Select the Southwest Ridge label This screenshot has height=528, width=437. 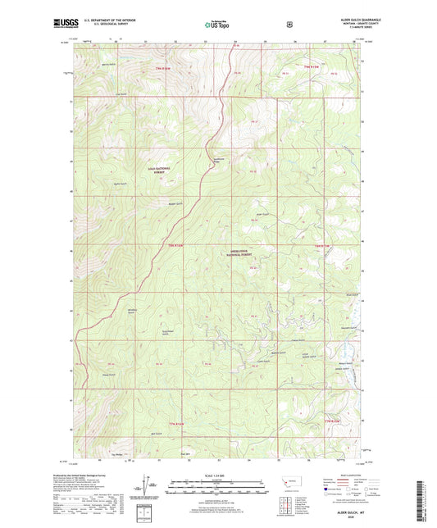tap(217, 161)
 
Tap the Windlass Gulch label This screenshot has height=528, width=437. tap(134, 311)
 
